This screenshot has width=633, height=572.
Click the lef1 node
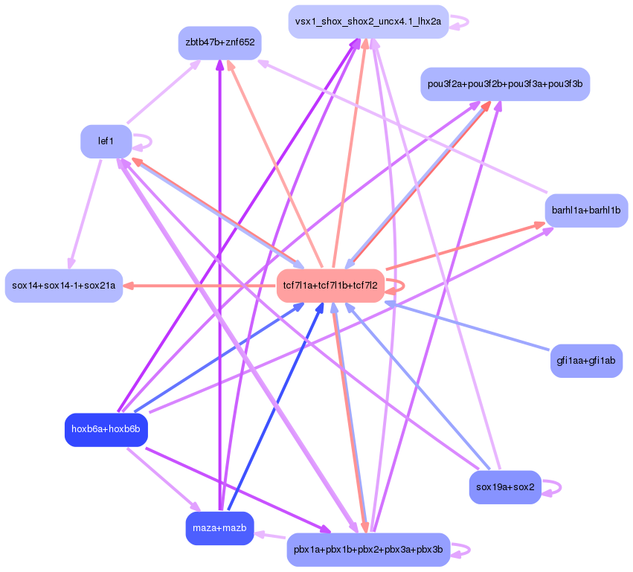(106, 141)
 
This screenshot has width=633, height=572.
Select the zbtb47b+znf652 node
(219, 43)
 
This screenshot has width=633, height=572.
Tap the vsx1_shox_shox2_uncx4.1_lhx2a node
(368, 22)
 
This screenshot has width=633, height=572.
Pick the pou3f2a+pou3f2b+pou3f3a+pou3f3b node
(504, 83)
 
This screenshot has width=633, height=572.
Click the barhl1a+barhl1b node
(586, 211)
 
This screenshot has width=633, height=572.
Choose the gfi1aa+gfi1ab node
(586, 361)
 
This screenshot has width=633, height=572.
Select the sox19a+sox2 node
(505, 488)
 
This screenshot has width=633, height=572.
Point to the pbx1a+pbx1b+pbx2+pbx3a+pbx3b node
(368, 550)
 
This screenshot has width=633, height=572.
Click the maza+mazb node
(219, 528)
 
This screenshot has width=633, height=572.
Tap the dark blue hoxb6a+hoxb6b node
(106, 430)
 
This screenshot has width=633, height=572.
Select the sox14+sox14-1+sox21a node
(64, 286)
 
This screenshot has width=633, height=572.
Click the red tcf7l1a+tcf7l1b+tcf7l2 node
(330, 286)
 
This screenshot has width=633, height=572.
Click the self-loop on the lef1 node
(146, 141)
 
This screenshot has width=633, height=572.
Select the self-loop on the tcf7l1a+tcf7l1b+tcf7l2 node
(399, 286)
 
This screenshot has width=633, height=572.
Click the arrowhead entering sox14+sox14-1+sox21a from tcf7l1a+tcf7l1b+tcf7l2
(128, 286)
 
